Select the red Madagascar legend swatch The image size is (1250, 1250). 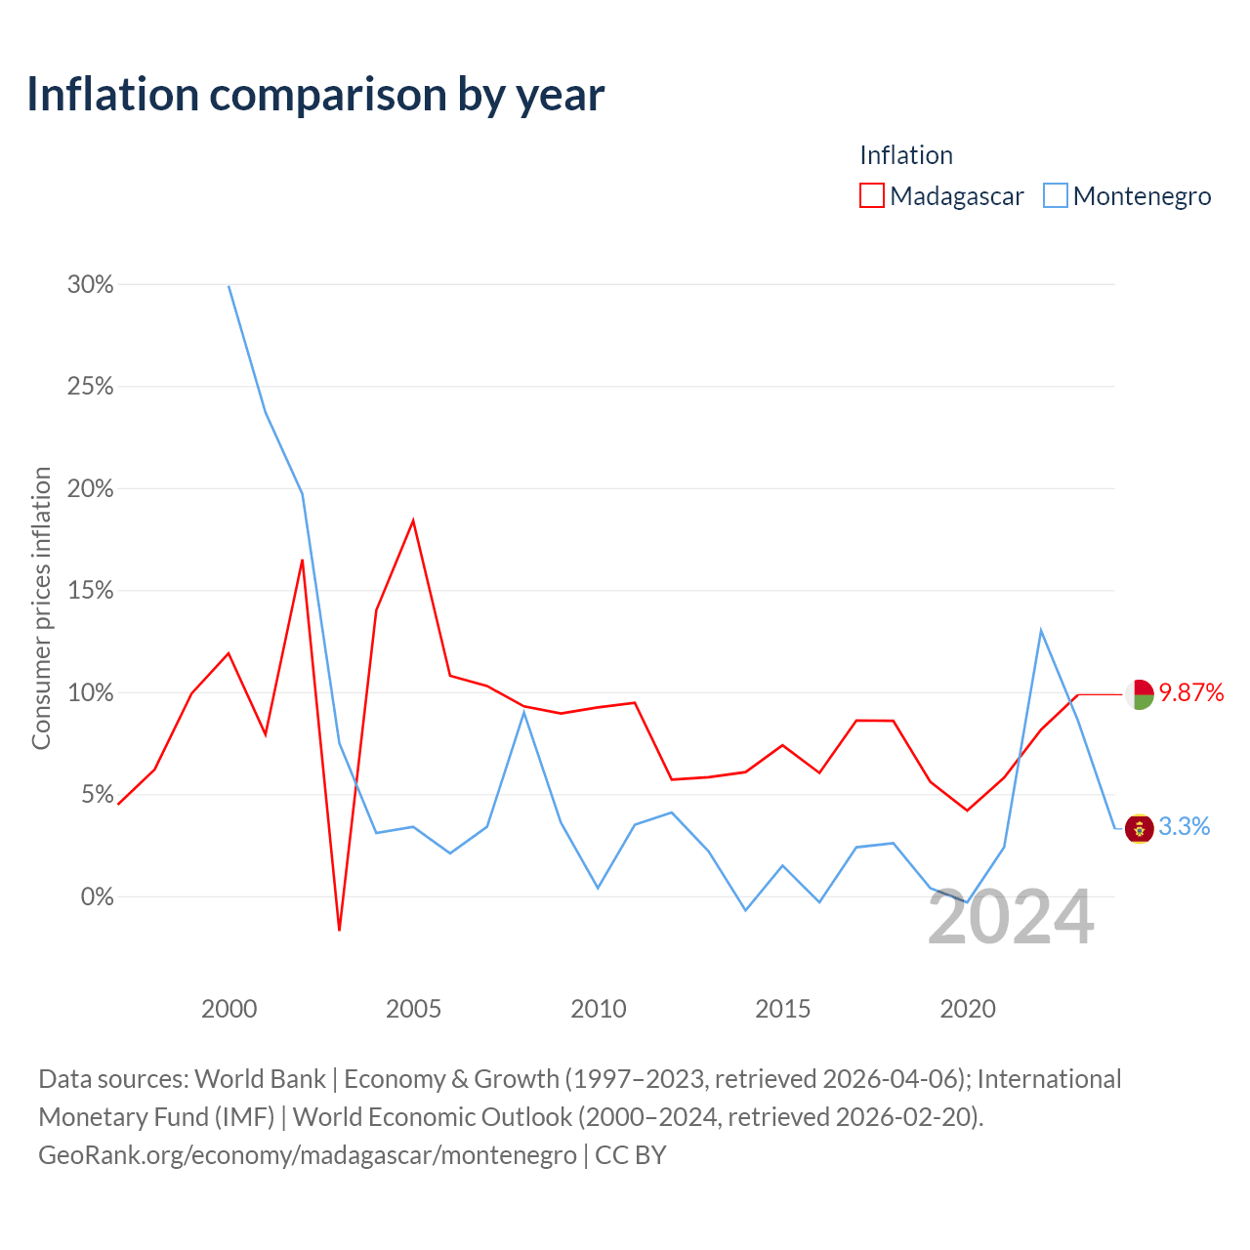[x=871, y=195]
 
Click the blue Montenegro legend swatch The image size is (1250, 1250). [x=1055, y=195]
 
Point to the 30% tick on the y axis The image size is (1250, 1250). [x=90, y=284]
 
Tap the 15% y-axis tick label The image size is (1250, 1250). [x=90, y=590]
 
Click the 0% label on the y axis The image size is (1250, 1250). [x=97, y=896]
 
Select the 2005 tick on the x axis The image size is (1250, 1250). [x=413, y=1009]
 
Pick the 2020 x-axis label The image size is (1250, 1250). [x=967, y=1009]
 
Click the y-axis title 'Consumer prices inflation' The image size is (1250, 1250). [x=41, y=607]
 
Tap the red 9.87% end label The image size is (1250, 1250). [x=1191, y=692]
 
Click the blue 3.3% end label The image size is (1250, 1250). [x=1184, y=826]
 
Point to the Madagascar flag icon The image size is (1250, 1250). [x=1139, y=694]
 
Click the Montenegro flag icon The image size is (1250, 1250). [x=1139, y=828]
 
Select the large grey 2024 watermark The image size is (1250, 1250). [x=1011, y=917]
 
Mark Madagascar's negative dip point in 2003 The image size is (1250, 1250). [x=339, y=930]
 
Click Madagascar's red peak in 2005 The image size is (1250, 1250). [x=413, y=521]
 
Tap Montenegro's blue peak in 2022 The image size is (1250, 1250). [x=1040, y=630]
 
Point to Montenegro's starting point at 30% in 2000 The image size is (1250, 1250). [x=229, y=286]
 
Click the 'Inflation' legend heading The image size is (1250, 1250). [x=906, y=155]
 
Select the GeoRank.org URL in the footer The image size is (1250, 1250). [x=308, y=1155]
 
